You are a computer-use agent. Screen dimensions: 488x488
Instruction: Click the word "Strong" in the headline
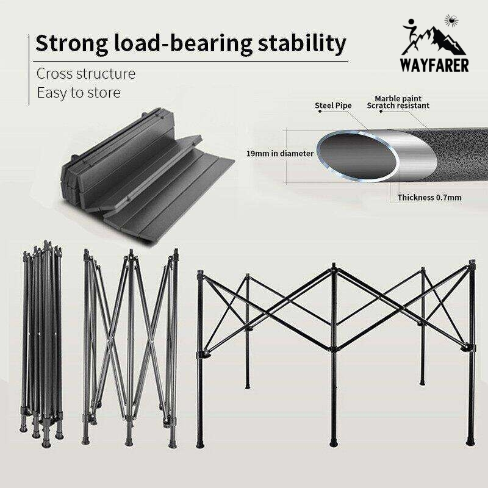(x=72, y=43)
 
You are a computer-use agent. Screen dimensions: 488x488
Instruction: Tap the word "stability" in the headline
(x=301, y=43)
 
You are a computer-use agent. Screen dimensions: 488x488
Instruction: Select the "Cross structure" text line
(x=86, y=74)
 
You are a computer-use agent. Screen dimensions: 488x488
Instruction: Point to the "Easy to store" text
(x=79, y=93)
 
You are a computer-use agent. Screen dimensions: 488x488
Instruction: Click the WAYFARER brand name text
(x=434, y=65)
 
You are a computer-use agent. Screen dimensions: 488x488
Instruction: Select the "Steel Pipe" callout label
(x=333, y=106)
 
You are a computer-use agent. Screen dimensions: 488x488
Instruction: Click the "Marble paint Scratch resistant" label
(x=398, y=102)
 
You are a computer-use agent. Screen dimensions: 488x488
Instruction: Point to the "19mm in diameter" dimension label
(x=280, y=154)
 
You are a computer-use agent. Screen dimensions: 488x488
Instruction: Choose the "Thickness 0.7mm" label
(x=429, y=198)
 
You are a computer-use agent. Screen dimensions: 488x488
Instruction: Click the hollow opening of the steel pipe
(x=357, y=155)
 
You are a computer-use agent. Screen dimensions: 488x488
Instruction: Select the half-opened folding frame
(x=130, y=346)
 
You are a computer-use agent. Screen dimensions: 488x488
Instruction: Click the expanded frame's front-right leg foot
(x=470, y=440)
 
